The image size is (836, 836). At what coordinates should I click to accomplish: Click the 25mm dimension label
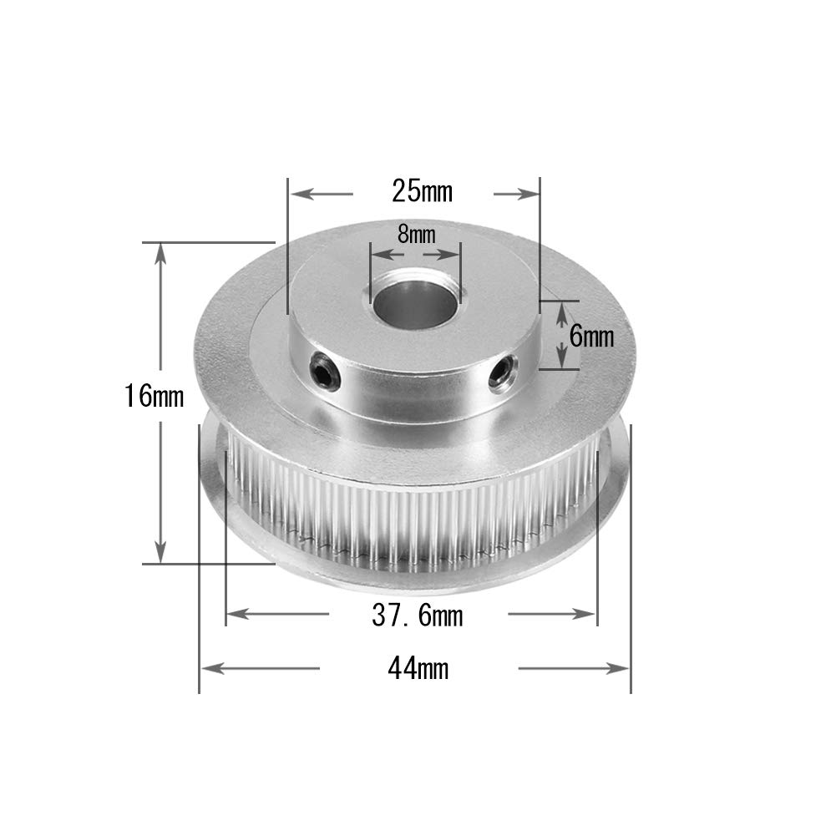pos(422,192)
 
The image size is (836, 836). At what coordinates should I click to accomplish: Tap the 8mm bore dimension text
pos(415,235)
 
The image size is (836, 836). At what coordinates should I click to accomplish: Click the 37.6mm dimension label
pos(417,616)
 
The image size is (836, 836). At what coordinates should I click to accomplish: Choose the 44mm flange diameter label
pos(417,668)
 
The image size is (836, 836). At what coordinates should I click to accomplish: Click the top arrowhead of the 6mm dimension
pos(562,310)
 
